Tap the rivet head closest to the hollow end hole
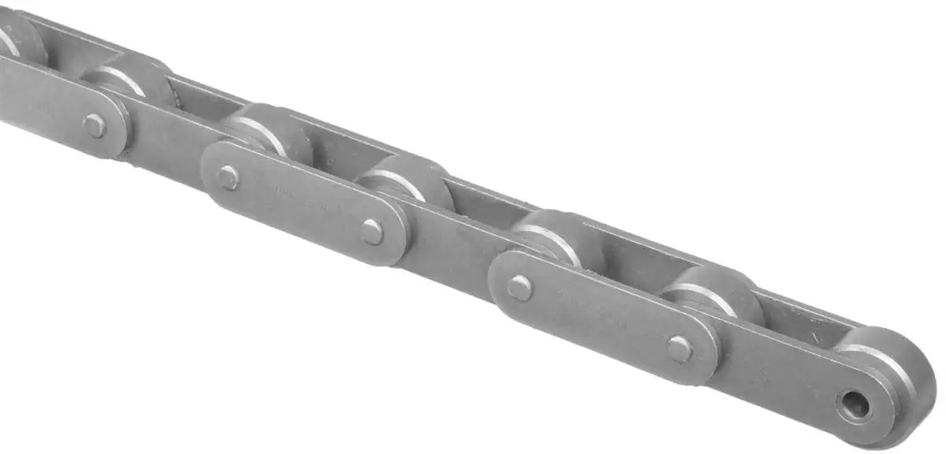[x=680, y=348]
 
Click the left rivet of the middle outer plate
[x=228, y=177]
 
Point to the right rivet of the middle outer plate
[x=372, y=232]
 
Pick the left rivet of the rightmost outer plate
[x=520, y=288]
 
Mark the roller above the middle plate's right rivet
[x=410, y=183]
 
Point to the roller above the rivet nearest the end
[x=713, y=293]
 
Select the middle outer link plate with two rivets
[x=304, y=205]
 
